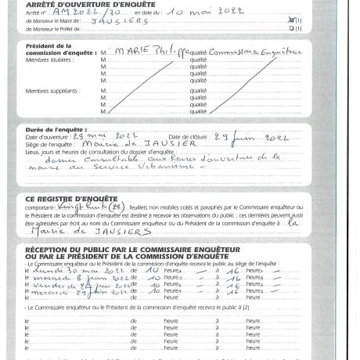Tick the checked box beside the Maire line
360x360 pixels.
[x=291, y=20]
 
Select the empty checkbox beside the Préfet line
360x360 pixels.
[x=291, y=28]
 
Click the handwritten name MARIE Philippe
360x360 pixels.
[x=146, y=52]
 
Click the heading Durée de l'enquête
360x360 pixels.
[x=56, y=129]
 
